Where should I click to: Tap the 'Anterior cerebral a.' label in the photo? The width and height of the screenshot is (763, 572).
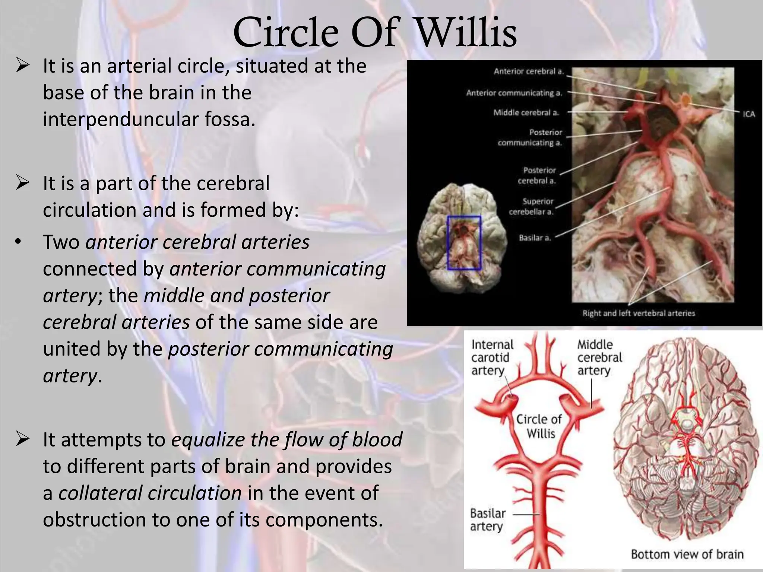pos(529,71)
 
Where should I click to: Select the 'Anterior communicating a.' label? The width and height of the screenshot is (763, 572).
pos(514,93)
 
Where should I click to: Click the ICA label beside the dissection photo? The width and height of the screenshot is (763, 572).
pos(749,114)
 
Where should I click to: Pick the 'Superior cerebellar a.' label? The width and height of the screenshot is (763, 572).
pos(532,207)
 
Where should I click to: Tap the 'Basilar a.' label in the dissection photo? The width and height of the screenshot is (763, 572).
pos(535,238)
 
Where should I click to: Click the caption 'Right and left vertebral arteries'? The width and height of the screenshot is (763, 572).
pos(639,313)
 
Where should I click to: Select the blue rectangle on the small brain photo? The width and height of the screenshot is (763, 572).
pos(464,243)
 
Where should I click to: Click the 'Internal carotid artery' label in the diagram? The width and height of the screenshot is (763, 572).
pos(492,357)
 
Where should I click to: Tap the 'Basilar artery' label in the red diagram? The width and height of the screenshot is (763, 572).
pos(487,520)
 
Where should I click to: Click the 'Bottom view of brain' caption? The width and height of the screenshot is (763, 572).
pos(687,554)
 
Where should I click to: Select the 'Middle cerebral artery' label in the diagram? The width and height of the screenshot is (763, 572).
pos(599,357)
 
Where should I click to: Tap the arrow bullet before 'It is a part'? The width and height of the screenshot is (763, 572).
pos(22,183)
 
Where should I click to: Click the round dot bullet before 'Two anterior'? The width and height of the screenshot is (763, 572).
pos(18,242)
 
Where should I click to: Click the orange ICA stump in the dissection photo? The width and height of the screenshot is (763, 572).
pos(686,99)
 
